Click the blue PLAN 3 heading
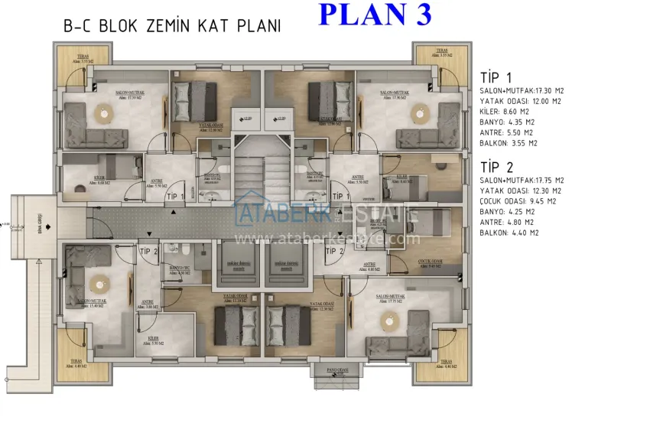tap(374, 14)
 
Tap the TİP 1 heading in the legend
tap(496, 77)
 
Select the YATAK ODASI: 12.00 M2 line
tap(521, 101)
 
